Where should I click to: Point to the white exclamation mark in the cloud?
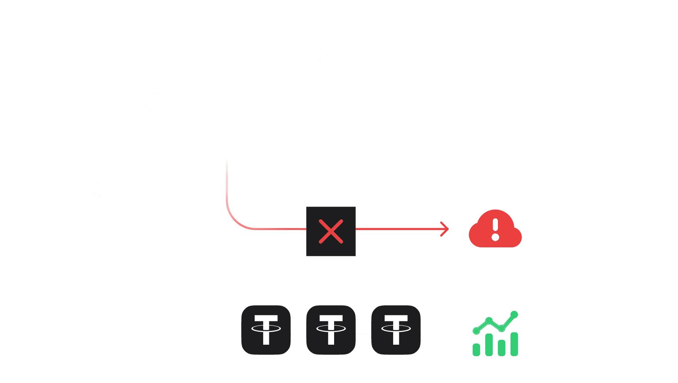pyautogui.click(x=495, y=229)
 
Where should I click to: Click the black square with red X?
pyautogui.click(x=331, y=231)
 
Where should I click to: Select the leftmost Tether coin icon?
pyautogui.click(x=266, y=330)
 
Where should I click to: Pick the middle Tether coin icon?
pyautogui.click(x=330, y=330)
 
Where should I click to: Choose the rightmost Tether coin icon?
pyautogui.click(x=396, y=330)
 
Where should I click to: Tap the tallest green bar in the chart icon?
pyautogui.click(x=515, y=344)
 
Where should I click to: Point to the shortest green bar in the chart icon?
pyautogui.click(x=476, y=350)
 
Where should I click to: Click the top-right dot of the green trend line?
pyautogui.click(x=514, y=315)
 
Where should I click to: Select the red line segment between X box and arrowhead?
pyautogui.click(x=399, y=229)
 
